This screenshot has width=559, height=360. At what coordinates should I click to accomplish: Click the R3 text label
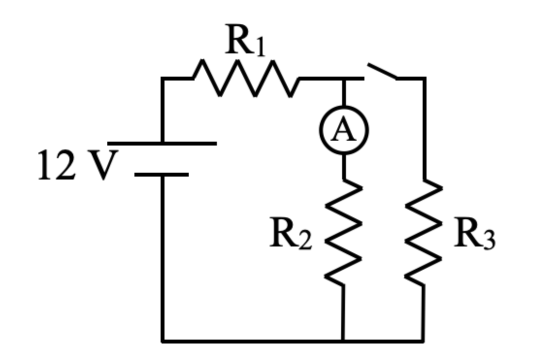pos(474,236)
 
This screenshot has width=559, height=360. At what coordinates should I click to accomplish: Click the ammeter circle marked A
pos(344,130)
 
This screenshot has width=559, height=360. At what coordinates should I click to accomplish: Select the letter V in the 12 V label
pos(103,165)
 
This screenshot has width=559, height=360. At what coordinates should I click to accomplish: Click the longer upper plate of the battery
pos(162,143)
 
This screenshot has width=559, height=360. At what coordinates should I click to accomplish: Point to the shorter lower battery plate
pos(162,174)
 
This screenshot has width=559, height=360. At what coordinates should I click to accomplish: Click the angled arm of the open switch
pos(382,71)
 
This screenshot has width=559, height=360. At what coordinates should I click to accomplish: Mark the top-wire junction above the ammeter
pos(344,78)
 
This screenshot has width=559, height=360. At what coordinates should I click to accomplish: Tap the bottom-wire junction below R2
pos(343,341)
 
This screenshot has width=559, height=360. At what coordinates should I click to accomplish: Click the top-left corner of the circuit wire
pos(163,78)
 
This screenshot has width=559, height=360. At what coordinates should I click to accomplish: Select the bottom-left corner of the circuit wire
pos(163,341)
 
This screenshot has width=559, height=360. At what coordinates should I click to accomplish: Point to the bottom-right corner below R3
pos(423,341)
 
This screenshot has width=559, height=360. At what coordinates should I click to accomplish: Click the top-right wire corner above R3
pos(425,78)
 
